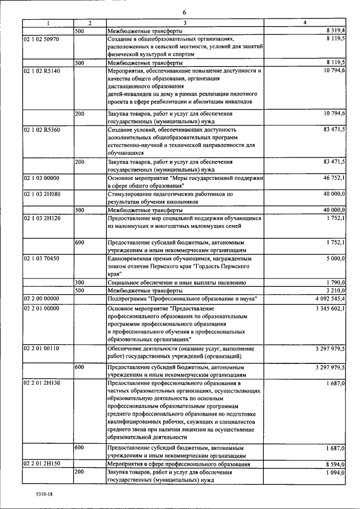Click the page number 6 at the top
pyautogui.click(x=184, y=12)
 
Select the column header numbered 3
pyautogui.click(x=184, y=22)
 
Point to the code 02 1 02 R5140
pyautogui.click(x=41, y=71)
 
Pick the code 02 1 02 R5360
pyautogui.click(x=41, y=129)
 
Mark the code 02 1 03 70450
pyautogui.click(x=42, y=258)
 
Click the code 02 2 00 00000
pyautogui.click(x=41, y=298)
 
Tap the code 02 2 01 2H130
pyautogui.click(x=42, y=383)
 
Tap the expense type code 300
pyautogui.click(x=80, y=282)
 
